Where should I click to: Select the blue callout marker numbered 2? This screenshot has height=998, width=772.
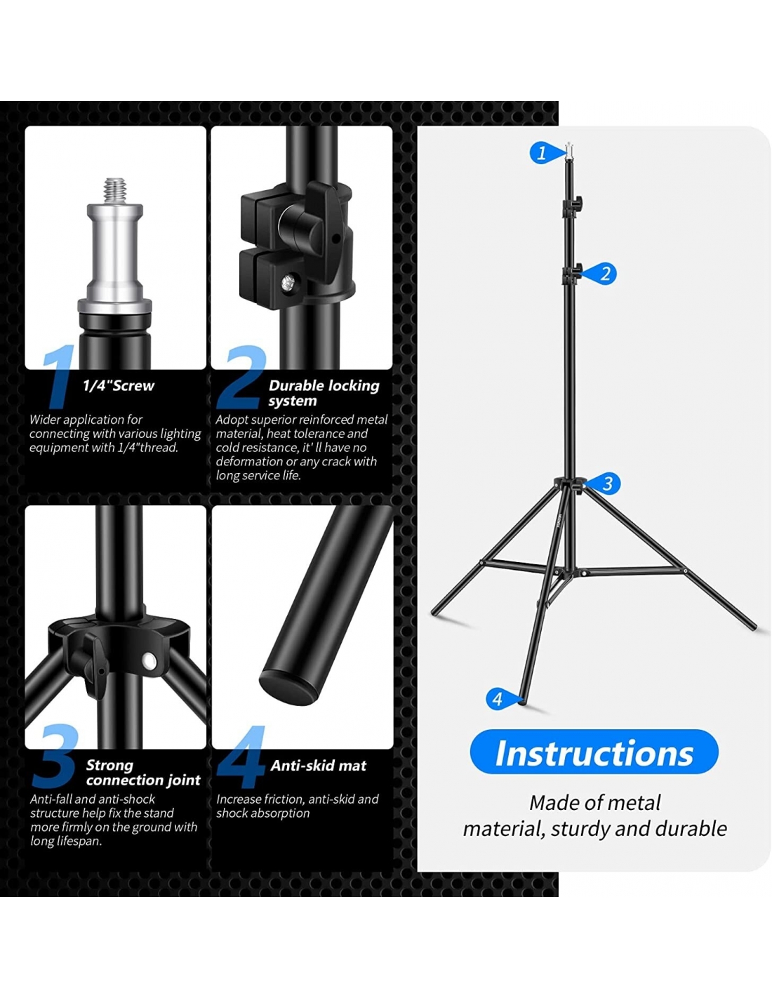[x=601, y=274]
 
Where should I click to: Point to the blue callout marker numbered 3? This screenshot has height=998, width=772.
[x=604, y=483]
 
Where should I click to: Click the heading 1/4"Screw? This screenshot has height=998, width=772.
[x=119, y=386]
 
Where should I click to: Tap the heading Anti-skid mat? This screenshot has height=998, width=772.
[x=318, y=766]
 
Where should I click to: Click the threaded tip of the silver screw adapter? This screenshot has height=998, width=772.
[x=114, y=189]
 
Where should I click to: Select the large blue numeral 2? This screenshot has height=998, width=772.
[x=241, y=377]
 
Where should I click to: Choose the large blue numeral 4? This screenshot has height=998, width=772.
[x=241, y=757]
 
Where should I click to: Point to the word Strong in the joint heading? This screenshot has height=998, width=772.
[x=109, y=765]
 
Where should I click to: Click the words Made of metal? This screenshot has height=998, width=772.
[x=594, y=802]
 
